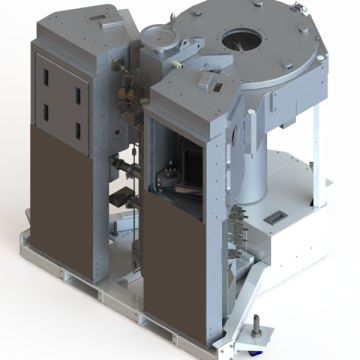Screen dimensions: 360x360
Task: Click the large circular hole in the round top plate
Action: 243,40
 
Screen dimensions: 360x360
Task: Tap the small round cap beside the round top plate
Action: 155,34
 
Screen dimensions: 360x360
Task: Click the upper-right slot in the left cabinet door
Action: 78,93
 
